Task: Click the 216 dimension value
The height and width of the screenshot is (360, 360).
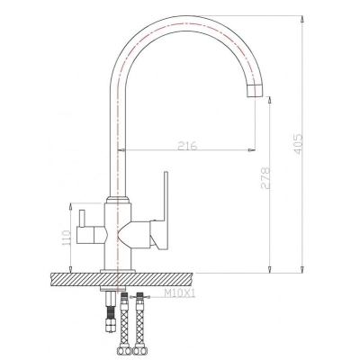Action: coord(187,146)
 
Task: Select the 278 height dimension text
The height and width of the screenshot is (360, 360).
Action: coord(265,177)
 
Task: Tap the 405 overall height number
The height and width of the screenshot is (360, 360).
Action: coord(298,144)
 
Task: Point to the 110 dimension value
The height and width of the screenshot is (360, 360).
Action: coord(66,238)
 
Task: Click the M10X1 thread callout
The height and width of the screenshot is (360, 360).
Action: coord(179,292)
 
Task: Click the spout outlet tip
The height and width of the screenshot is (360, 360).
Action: coord(255,91)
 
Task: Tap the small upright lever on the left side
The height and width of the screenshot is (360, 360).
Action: coord(82,218)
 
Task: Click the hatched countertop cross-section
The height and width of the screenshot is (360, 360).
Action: coord(121,279)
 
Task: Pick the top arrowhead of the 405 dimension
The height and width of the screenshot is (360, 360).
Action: coord(302,19)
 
